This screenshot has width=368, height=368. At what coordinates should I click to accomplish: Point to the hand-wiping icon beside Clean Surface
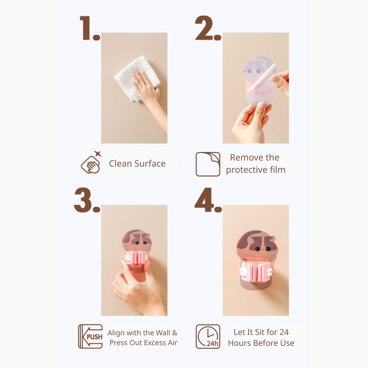[x=91, y=163]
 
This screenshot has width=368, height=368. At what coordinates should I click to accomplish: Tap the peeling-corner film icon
[x=208, y=164]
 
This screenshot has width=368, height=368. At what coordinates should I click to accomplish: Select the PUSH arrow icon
[x=90, y=336]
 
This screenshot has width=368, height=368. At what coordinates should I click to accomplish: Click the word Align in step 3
[x=116, y=333]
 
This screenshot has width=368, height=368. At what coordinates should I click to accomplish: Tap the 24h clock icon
[x=208, y=336]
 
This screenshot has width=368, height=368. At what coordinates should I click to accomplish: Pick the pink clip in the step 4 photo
[x=256, y=272]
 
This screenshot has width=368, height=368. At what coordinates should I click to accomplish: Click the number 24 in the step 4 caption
[x=284, y=332]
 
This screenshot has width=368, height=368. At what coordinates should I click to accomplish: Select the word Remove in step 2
[x=243, y=157]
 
